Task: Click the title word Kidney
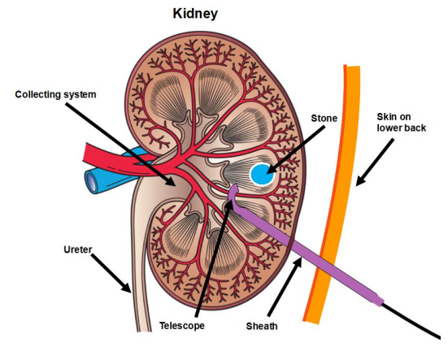(x=195, y=14)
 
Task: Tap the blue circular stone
(x=262, y=174)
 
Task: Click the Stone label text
(x=324, y=118)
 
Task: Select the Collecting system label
(x=55, y=94)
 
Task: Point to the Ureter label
(x=78, y=249)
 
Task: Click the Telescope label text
(x=182, y=325)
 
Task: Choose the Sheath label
(x=262, y=326)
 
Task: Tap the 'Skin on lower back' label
(x=401, y=122)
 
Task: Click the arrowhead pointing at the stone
(x=271, y=169)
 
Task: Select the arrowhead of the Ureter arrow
(x=127, y=288)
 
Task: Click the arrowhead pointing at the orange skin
(x=360, y=180)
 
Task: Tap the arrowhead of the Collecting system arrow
(x=170, y=181)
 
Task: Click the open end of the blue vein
(x=92, y=182)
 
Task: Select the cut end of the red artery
(x=85, y=152)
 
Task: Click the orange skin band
(x=337, y=194)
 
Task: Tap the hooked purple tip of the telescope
(x=233, y=191)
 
